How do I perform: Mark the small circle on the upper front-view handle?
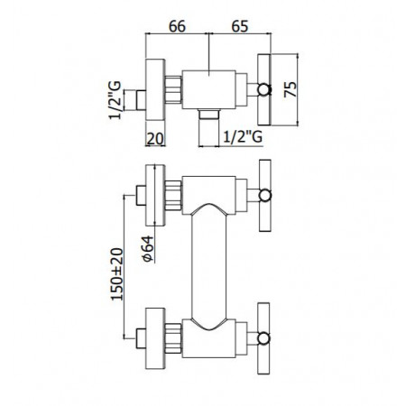pyautogui.click(x=264, y=194)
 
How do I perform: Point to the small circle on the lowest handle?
pyautogui.click(x=264, y=338)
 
